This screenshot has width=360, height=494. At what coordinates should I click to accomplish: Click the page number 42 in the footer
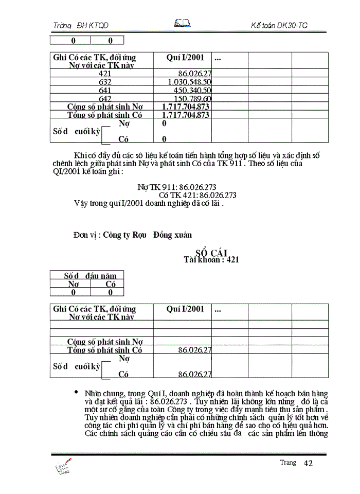tap(309, 463)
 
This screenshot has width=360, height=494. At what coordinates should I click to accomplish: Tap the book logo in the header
tap(183, 23)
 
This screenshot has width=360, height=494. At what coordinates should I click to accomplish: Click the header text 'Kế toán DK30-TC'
tap(279, 25)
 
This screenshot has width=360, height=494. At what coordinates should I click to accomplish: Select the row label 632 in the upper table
tap(105, 82)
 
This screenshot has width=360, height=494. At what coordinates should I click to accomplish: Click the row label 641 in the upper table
tap(105, 90)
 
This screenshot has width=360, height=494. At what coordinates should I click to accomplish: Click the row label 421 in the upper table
tap(105, 74)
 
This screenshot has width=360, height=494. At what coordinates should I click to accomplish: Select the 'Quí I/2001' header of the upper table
tap(185, 58)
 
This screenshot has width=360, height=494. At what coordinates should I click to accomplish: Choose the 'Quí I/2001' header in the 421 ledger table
tap(185, 309)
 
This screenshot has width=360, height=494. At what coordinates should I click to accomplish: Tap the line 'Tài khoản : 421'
tap(211, 260)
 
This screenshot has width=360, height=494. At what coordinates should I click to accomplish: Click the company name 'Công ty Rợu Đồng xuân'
tap(147, 235)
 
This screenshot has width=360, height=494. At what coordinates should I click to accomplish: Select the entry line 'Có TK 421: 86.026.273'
tap(198, 195)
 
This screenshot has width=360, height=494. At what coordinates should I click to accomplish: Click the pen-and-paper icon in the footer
tap(63, 466)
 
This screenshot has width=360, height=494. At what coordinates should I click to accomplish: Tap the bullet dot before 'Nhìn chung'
tap(77, 392)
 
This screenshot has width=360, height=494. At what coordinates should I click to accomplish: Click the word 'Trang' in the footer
tap(288, 462)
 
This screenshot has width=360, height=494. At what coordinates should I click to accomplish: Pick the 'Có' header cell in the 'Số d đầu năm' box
tap(111, 284)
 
